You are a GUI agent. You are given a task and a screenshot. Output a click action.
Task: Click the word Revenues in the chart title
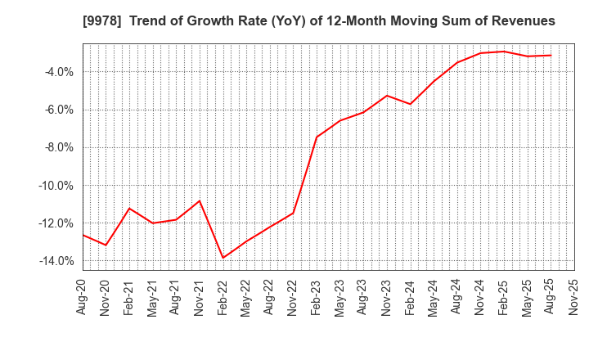523,21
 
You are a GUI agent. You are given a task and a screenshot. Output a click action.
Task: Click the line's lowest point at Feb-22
223,258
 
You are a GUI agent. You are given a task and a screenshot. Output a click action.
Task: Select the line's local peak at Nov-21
200,200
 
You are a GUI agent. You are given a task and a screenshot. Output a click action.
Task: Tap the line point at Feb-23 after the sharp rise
317,137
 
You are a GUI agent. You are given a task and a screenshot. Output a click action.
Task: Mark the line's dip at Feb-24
410,104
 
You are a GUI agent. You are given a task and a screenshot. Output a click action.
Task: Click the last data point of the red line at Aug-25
551,56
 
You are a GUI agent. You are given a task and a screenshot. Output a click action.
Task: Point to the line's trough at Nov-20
106,245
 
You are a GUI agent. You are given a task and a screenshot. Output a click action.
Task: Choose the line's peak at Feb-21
129,208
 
